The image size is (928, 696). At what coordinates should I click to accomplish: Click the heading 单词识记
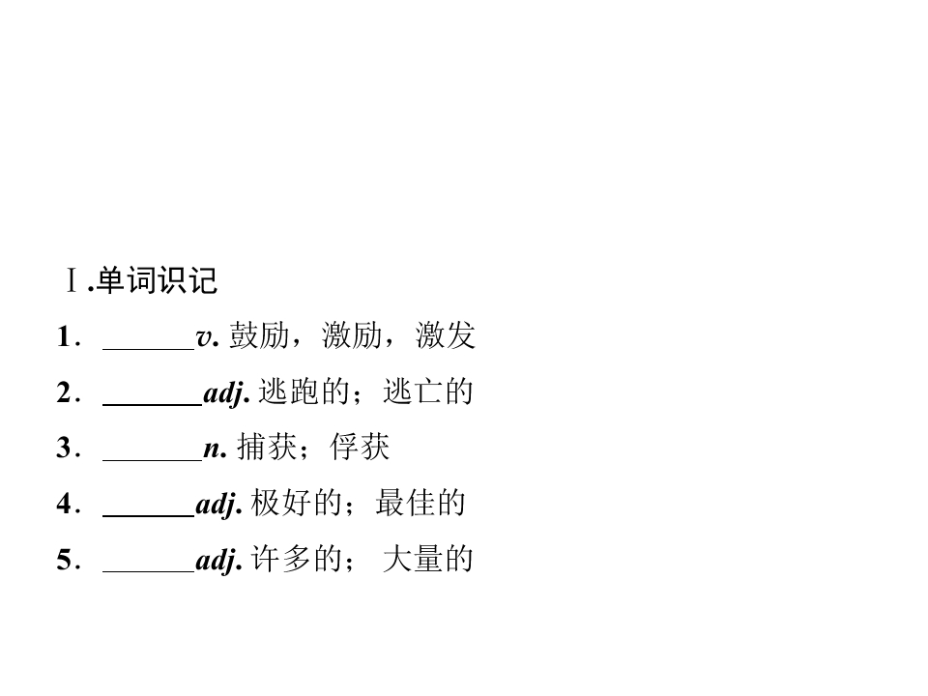coord(157,280)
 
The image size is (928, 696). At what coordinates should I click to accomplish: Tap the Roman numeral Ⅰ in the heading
coord(72,280)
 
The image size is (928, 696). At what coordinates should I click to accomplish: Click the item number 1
coord(64,336)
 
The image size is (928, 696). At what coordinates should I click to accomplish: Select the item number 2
coord(64,392)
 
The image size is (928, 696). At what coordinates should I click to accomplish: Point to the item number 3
coord(64,448)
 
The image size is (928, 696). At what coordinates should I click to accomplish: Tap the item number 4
coord(64,504)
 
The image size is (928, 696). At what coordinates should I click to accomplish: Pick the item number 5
coord(64,560)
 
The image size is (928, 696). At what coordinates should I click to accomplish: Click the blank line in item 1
coord(149,349)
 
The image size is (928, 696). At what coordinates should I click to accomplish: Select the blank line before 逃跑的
coord(153,405)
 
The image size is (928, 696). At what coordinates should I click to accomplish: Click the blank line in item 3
coord(153,460)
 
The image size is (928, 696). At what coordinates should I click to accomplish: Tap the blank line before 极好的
coord(149,516)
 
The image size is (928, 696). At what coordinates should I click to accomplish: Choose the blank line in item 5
coord(149,571)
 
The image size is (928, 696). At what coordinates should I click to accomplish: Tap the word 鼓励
coord(259,335)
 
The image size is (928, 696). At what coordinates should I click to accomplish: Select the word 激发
coord(446,335)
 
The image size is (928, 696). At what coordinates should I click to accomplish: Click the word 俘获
coord(360,447)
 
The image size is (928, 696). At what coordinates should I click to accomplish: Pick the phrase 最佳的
coord(420,503)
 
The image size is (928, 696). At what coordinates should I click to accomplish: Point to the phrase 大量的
coord(428,559)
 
